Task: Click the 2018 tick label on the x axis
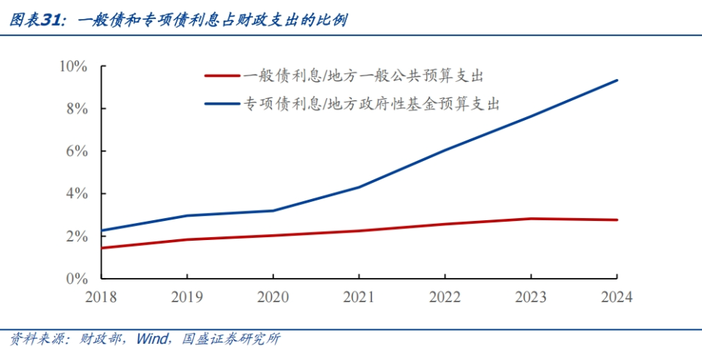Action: click(x=101, y=297)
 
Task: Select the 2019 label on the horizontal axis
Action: click(x=186, y=297)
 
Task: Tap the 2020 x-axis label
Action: click(x=273, y=297)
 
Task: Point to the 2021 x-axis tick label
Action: click(x=359, y=297)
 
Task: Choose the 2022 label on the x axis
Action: click(x=445, y=297)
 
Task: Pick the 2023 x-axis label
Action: click(x=531, y=297)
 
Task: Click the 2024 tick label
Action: click(x=616, y=297)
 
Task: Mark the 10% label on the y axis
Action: click(x=73, y=67)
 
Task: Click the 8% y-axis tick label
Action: click(x=76, y=109)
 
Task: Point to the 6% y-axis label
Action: click(x=76, y=151)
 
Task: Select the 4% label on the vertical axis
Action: click(x=76, y=194)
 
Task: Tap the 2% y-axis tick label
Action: click(x=76, y=236)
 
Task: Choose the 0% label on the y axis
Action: click(x=76, y=279)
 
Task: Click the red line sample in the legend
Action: click(x=222, y=75)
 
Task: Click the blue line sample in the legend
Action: click(x=222, y=104)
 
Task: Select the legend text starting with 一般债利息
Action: click(x=365, y=75)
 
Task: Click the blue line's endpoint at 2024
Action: click(x=617, y=80)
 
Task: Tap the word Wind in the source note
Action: click(x=152, y=339)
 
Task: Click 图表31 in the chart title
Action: click(x=33, y=20)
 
